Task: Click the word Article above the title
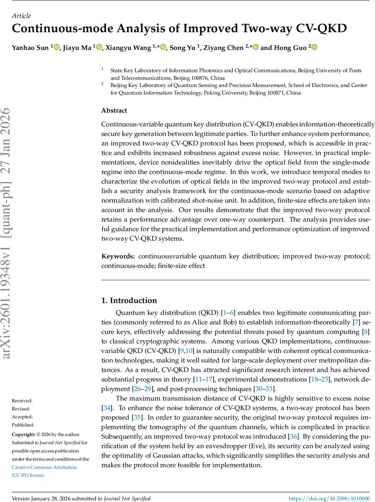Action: tap(21, 16)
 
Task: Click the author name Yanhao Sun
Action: tap(31, 48)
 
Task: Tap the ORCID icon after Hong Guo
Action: tap(314, 48)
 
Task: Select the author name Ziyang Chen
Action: tap(223, 48)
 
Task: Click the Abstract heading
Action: tap(114, 110)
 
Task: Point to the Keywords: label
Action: tap(118, 256)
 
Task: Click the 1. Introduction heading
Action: tap(129, 300)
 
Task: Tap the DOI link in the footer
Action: tap(329, 498)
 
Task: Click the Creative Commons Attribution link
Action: tap(44, 467)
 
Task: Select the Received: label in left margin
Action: tap(22, 401)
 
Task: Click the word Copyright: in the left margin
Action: tap(23, 435)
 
